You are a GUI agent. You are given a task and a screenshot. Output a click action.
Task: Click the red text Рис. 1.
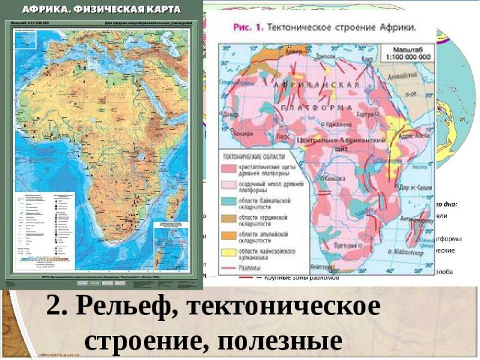[245, 28]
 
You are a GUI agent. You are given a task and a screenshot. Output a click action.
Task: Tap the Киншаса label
[332, 178]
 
